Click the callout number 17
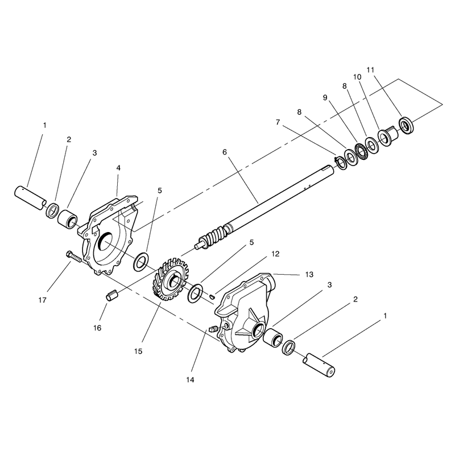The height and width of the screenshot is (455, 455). pyautogui.click(x=42, y=300)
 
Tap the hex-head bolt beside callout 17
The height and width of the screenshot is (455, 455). pyautogui.click(x=75, y=257)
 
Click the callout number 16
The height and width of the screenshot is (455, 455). pyautogui.click(x=97, y=328)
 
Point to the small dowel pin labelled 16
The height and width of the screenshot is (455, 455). pyautogui.click(x=112, y=296)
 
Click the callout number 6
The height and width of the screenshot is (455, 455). pyautogui.click(x=225, y=152)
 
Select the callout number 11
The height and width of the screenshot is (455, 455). pyautogui.click(x=370, y=70)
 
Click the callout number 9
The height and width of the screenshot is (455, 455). pyautogui.click(x=325, y=97)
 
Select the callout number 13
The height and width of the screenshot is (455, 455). pyautogui.click(x=309, y=275)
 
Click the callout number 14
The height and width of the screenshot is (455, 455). pyautogui.click(x=190, y=379)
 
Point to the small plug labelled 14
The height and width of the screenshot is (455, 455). pyautogui.click(x=213, y=329)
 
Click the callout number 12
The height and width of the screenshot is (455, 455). pyautogui.click(x=275, y=254)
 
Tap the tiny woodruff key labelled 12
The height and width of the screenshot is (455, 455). pyautogui.click(x=212, y=296)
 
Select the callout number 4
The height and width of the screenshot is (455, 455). pyautogui.click(x=118, y=168)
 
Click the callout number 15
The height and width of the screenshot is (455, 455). pyautogui.click(x=138, y=351)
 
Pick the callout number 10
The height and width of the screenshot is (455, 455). pyautogui.click(x=357, y=77)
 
